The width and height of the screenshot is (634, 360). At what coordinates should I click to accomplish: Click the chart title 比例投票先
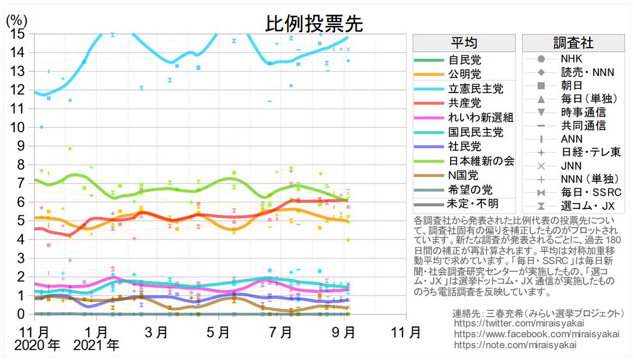pos(314,24)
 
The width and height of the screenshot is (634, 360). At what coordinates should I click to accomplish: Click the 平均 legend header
pos(464,43)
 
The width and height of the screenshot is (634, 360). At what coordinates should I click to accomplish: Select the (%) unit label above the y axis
pos(17,21)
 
